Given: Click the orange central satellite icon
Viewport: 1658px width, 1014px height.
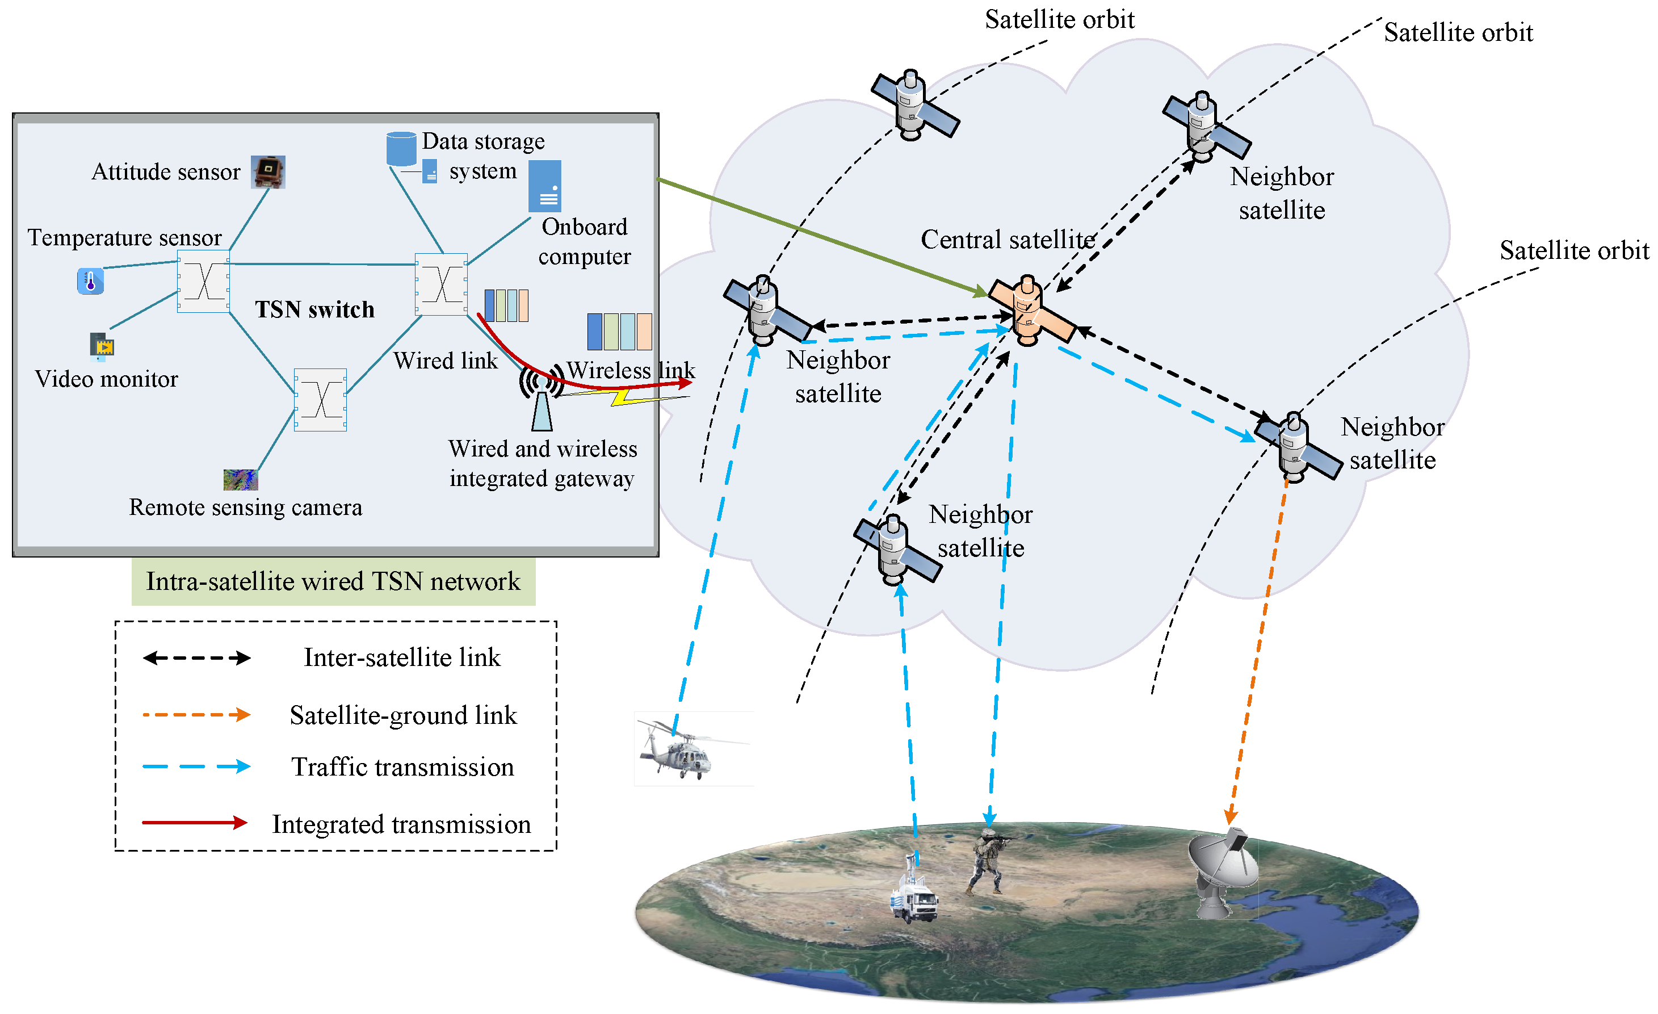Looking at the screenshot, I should [x=1027, y=311].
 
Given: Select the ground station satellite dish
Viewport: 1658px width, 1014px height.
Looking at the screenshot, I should [x=1222, y=871].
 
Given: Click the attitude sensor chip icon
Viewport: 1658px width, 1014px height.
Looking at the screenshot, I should [x=268, y=171].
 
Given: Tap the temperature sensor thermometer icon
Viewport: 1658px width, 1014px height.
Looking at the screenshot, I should [x=90, y=280].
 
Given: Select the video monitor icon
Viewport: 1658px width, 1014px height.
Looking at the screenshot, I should [x=102, y=346].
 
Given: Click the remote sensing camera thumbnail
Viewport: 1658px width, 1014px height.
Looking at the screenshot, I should [x=240, y=479].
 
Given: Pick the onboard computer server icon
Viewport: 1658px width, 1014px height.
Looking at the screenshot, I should [x=544, y=186].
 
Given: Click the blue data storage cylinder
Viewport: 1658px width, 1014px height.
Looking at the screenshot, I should [x=401, y=149].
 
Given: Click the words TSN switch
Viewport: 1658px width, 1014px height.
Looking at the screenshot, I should [x=314, y=309].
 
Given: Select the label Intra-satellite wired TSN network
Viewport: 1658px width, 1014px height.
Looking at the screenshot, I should [x=333, y=581].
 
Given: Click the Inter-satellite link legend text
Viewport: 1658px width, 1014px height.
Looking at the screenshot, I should [x=402, y=657].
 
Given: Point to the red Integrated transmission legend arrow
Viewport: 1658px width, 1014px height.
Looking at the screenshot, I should [x=195, y=822].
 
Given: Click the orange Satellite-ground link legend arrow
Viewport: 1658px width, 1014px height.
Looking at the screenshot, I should [x=196, y=715].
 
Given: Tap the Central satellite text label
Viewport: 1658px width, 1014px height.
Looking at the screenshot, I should [x=1008, y=240].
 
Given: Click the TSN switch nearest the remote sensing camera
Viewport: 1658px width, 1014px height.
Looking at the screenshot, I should [x=320, y=400].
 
